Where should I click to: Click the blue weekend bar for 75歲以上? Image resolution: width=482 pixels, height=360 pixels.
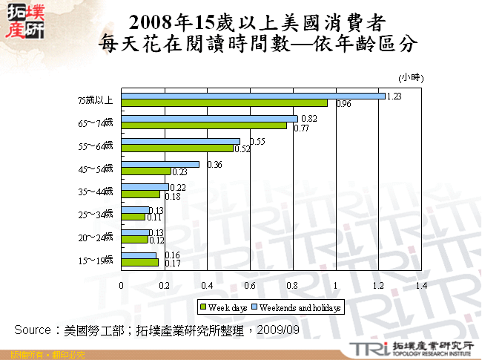pos(253,96)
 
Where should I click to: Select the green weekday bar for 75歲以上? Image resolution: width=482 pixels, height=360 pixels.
pos(224,103)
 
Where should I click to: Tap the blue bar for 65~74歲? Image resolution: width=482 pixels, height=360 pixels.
pos(209,119)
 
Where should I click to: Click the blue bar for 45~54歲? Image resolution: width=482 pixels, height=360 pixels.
pos(160,164)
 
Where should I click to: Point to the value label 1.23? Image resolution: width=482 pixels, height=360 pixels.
pos(394,96)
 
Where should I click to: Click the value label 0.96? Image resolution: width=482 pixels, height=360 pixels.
pos(343,105)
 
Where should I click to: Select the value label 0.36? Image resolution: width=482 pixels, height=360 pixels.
pos(215,164)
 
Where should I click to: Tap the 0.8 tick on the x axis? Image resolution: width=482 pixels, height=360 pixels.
pos(293,285)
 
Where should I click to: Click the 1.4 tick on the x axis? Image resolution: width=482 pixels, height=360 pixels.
pos(421,285)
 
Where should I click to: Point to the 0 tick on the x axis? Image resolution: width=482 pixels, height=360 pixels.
pos(122,285)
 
